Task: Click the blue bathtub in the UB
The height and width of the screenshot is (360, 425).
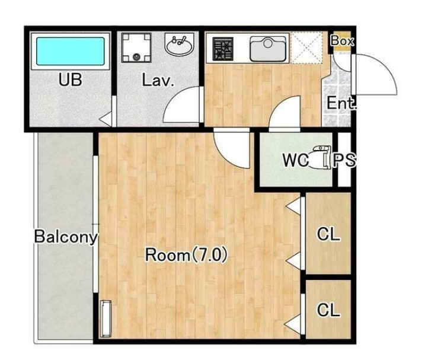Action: (x=71, y=51)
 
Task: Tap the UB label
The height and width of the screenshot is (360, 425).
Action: (x=70, y=80)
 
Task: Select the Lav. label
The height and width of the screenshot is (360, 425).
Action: (x=158, y=80)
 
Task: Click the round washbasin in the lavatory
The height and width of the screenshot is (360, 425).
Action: (x=179, y=44)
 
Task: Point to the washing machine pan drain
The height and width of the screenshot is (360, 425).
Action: (x=136, y=57)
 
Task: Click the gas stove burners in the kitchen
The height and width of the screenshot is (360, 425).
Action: (x=223, y=49)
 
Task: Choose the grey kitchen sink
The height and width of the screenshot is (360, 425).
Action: (x=268, y=49)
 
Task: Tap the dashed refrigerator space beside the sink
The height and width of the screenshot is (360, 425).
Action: (x=306, y=48)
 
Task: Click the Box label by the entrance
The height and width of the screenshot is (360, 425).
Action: (x=343, y=41)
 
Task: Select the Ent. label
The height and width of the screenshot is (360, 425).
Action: (x=341, y=103)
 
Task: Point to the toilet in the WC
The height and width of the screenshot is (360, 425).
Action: (x=322, y=157)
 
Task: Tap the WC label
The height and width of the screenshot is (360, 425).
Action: (x=295, y=160)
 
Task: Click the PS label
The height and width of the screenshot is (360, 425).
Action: (x=344, y=160)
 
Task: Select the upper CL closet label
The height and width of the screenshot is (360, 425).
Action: (x=328, y=234)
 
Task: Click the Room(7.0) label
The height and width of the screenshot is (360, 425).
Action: (x=186, y=255)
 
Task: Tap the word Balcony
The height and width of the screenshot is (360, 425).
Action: (x=66, y=237)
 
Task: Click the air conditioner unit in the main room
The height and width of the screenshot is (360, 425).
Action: (x=106, y=318)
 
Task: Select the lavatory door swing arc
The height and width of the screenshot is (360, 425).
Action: (x=174, y=98)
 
